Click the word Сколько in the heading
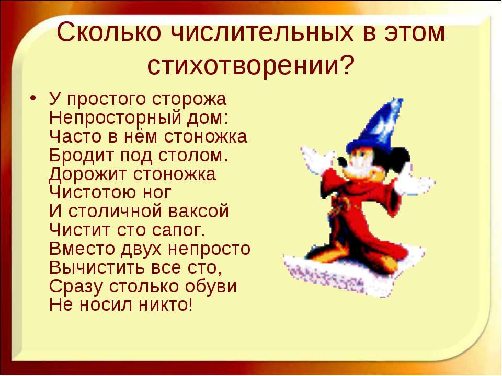pyautogui.click(x=109, y=32)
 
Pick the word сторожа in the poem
pyautogui.click(x=189, y=99)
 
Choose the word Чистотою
pyautogui.click(x=88, y=193)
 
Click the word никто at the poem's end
pyautogui.click(x=166, y=304)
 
